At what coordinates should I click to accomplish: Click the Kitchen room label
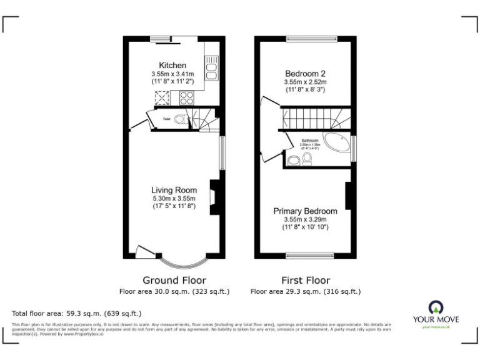(x=172, y=66)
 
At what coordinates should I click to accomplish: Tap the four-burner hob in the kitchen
(x=186, y=97)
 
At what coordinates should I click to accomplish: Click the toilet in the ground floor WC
(x=180, y=119)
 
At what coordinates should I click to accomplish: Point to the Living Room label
(x=174, y=190)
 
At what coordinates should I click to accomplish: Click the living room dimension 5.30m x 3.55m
(x=174, y=198)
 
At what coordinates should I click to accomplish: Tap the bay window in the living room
(x=184, y=259)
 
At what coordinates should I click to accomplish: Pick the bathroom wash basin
(x=293, y=161)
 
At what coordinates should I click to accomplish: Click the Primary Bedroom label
(x=305, y=211)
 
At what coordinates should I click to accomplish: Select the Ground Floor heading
(x=174, y=280)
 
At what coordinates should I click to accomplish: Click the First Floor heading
(x=305, y=280)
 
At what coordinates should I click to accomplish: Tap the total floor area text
(x=76, y=313)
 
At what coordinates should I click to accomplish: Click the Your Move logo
(x=436, y=312)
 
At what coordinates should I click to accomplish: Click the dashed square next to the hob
(x=163, y=97)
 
